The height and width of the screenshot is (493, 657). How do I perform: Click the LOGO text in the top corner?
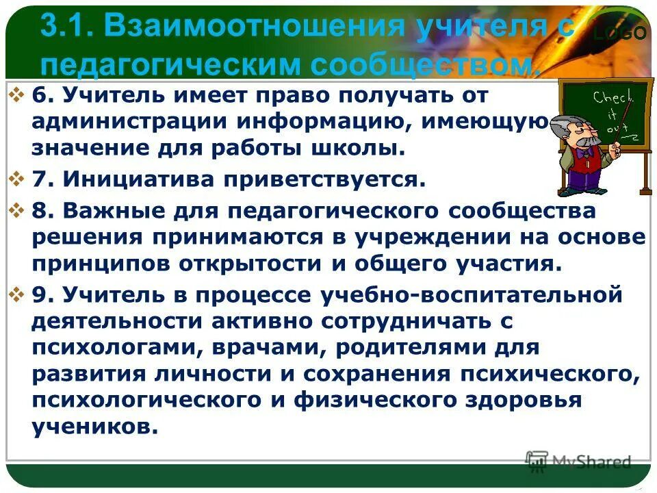pyautogui.click(x=619, y=32)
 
